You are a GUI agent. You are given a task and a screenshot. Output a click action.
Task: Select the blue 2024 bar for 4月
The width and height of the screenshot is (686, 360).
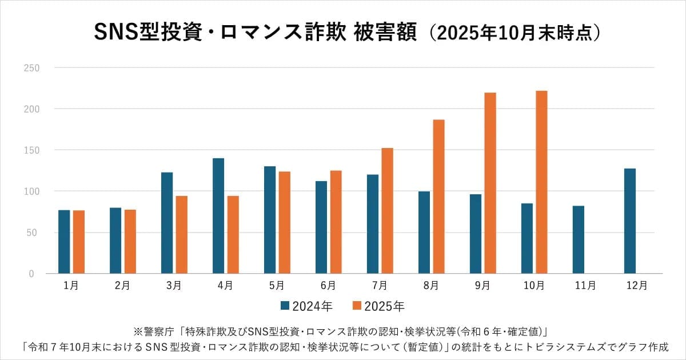[218, 215]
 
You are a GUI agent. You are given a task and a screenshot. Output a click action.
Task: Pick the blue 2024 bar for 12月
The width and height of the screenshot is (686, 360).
[629, 221]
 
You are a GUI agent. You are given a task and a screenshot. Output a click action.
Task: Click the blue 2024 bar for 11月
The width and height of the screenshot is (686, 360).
[578, 239]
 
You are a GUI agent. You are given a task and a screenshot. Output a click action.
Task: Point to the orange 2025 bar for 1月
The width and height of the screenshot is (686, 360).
[79, 242]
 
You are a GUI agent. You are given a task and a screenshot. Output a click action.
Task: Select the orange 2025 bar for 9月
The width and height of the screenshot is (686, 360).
[490, 183]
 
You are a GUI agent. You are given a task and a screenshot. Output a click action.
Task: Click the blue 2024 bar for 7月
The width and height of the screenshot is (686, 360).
[373, 224]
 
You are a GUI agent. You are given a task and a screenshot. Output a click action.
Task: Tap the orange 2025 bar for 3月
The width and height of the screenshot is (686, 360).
[182, 234]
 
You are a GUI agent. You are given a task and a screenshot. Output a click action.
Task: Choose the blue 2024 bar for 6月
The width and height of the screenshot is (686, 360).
[321, 227]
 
